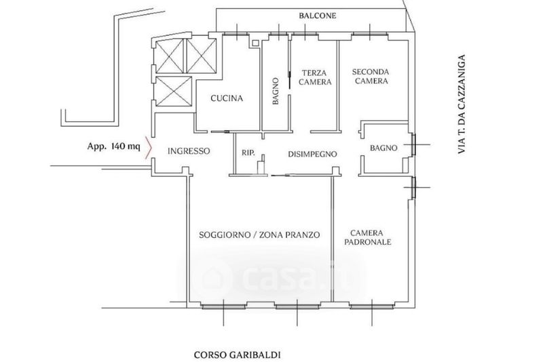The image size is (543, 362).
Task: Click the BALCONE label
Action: pyautogui.click(x=318, y=16)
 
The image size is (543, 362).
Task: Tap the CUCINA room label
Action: pyautogui.click(x=227, y=98)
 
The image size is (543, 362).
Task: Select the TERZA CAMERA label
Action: pyautogui.click(x=315, y=77)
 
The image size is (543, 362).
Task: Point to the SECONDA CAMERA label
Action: pyautogui.click(x=371, y=77)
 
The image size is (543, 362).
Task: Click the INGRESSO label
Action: pyautogui.click(x=189, y=151)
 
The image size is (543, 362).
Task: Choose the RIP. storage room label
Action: pyautogui.click(x=248, y=153)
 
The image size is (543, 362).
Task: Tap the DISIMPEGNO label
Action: pyautogui.click(x=312, y=154)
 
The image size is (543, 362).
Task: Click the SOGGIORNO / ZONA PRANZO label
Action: pyautogui.click(x=259, y=235)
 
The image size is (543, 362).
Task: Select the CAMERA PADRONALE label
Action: pyautogui.click(x=367, y=237)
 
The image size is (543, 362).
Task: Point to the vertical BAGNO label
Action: pyautogui.click(x=276, y=92)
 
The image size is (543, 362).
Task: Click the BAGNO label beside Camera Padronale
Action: pyautogui.click(x=383, y=148)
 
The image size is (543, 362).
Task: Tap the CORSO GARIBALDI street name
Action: pyautogui.click(x=237, y=355)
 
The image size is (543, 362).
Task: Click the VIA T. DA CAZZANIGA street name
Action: pyautogui.click(x=461, y=104)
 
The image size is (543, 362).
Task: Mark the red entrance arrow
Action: pyautogui.click(x=149, y=148)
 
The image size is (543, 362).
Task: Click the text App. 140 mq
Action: pyautogui.click(x=113, y=146)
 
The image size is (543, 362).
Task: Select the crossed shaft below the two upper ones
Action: pyautogui.click(x=174, y=92)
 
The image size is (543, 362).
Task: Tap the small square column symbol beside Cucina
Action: pyautogui.click(x=256, y=43)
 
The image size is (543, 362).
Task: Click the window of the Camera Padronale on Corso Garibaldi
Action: pyautogui.click(x=372, y=306)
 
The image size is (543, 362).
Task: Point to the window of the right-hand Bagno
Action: pyautogui.click(x=413, y=144)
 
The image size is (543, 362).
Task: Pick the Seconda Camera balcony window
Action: pyautogui.click(x=370, y=34)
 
